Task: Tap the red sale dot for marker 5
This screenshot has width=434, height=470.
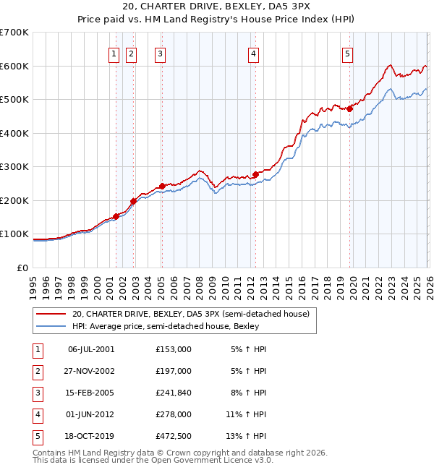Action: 349,108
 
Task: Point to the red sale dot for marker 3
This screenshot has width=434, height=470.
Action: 161,185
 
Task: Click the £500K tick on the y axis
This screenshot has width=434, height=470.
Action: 14,99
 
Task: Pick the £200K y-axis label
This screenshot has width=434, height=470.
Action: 14,200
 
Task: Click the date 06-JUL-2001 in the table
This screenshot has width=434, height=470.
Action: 90,349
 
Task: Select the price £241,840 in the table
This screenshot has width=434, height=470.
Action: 174,393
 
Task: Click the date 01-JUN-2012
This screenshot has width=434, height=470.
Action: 90,414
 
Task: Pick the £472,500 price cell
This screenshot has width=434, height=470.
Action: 174,436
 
